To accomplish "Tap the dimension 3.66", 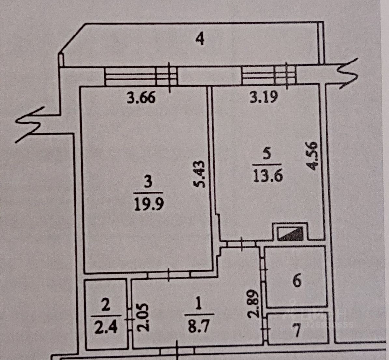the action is [x=141, y=97].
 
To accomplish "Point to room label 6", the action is [x=297, y=281].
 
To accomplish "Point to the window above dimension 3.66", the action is [x=141, y=76].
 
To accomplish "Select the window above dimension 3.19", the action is [x=269, y=76].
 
